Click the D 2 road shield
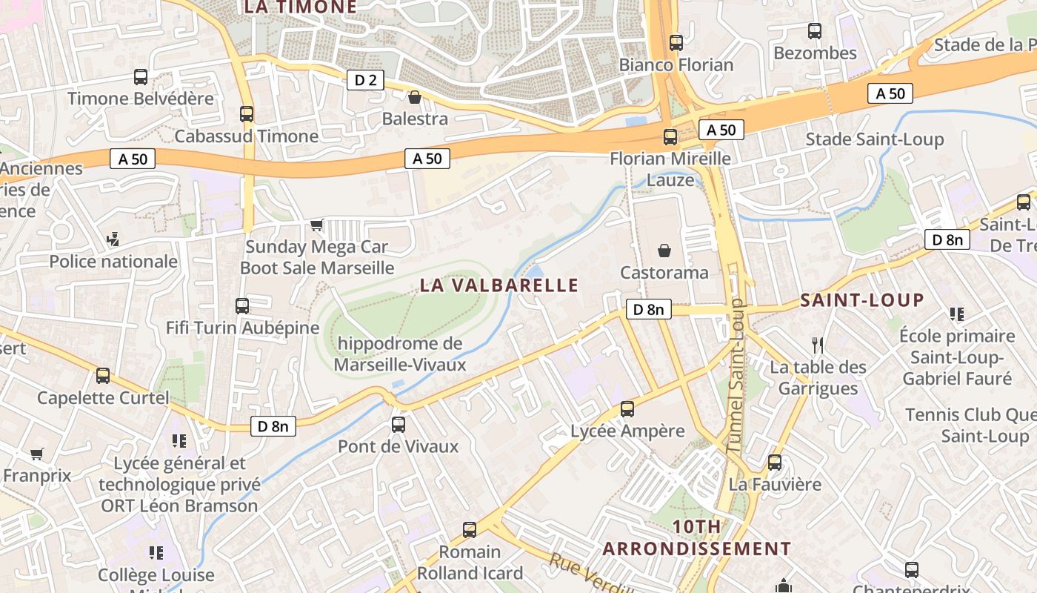coord(365,80)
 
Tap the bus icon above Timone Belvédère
coord(140,77)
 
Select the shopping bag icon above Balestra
coord(415,97)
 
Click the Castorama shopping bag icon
coord(664,251)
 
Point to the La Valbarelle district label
coord(499,285)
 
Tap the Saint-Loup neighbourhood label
coord(862,300)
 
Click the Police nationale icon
coord(113,239)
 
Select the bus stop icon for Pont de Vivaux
coord(398,425)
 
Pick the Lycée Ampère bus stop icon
coord(627,409)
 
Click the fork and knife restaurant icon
coord(818,345)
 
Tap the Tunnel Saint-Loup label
coord(736,376)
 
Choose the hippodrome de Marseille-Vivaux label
coord(400,354)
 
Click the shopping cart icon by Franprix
coord(36,454)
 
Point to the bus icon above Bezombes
coord(815,31)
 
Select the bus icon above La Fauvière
coord(775,463)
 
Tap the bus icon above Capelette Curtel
coord(103,376)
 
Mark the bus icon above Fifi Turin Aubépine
coord(242,305)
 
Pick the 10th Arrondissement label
coord(696,538)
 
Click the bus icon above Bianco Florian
coord(676,43)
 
